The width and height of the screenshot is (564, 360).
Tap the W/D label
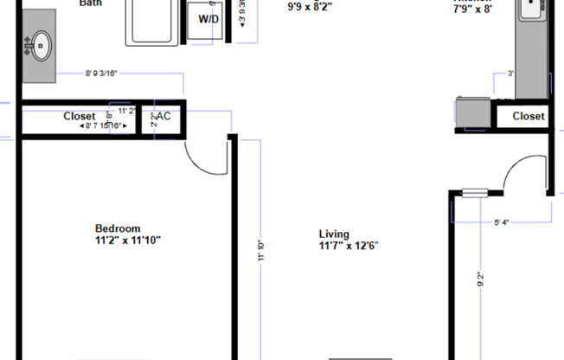208,19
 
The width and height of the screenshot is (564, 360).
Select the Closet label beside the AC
80,116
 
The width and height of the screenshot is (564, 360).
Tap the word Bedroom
118,228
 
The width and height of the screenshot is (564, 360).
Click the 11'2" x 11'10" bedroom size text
128,240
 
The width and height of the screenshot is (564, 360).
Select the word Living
334,234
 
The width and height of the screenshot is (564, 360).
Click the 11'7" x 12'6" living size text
349,246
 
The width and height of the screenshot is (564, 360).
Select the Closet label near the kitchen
529,116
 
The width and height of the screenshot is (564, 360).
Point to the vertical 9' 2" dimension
479,281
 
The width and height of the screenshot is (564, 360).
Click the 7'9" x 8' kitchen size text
472,9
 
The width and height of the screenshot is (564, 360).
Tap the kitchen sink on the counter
531,9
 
